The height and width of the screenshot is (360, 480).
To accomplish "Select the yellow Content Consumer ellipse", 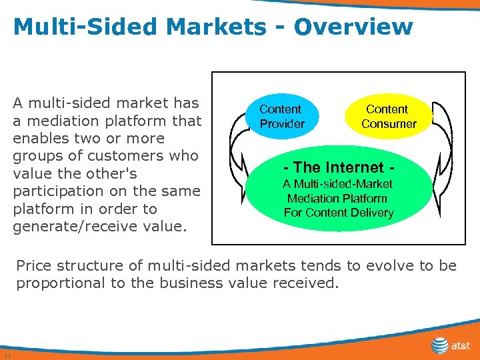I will coord(388,117).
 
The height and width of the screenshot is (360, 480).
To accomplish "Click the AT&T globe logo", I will coord(440,345).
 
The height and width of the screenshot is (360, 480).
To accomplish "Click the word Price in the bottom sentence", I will coord(36,265).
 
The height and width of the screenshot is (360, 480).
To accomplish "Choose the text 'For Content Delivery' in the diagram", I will coord(339,213).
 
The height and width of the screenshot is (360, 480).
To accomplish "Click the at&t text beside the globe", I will coord(461,346).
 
